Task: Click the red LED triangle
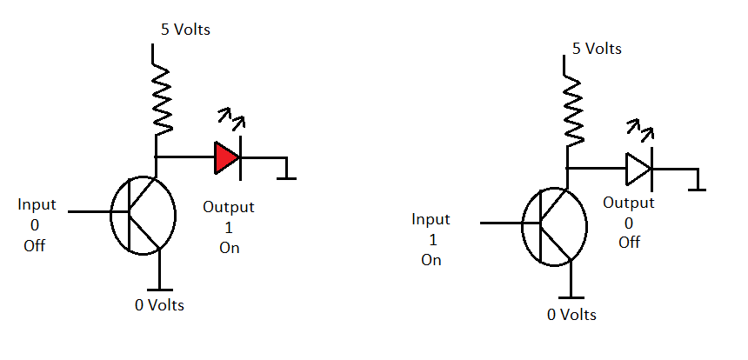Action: pos(225,157)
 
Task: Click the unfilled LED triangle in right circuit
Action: pos(637,168)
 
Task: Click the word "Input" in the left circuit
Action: pos(37,204)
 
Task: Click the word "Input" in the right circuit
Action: pos(431,219)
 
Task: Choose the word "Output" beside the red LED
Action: pos(229,207)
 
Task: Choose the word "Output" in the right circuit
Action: pos(629,202)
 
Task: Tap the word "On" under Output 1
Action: pos(229,248)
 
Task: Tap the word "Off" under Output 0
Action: pos(629,242)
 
